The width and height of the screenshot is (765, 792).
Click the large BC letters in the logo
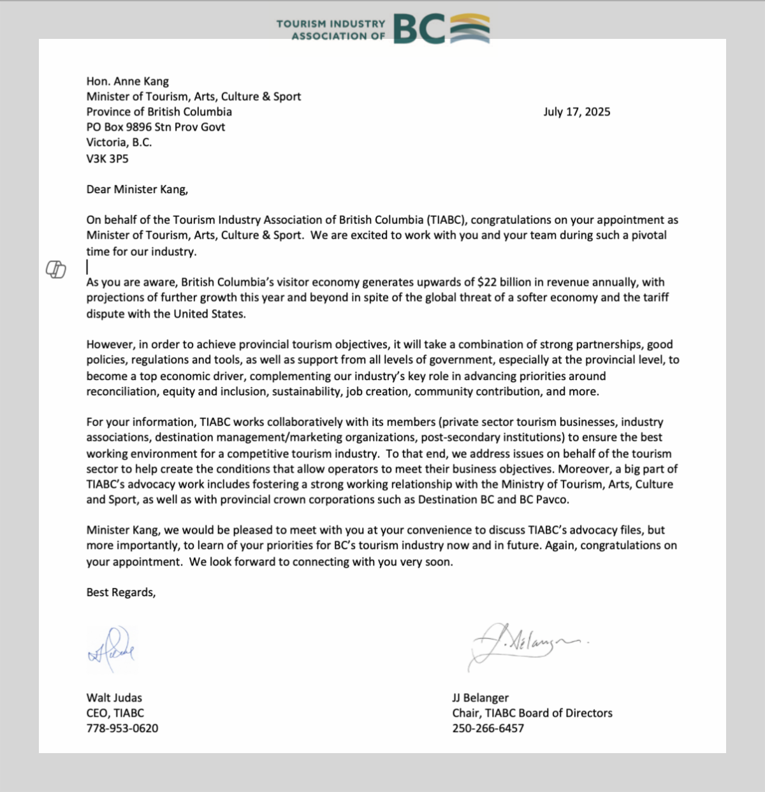point(419,29)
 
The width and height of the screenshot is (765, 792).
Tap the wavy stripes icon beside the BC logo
point(470,29)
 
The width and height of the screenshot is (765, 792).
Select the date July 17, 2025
point(576,112)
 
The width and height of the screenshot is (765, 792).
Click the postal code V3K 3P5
point(107,158)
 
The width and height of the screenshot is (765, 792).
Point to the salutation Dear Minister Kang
point(137,189)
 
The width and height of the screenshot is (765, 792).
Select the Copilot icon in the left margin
point(55,270)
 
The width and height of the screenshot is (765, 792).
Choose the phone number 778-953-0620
point(122,728)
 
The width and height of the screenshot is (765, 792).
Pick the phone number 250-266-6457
point(488,728)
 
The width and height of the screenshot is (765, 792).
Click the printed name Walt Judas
point(114,698)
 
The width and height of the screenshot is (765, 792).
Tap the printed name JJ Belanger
point(480,698)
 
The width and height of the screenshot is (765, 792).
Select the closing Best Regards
point(120,592)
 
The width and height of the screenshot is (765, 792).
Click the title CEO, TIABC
point(115,713)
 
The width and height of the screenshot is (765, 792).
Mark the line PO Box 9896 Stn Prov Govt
point(156,127)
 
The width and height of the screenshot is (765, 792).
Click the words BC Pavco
point(543,499)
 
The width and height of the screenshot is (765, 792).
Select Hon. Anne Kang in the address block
point(127,81)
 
